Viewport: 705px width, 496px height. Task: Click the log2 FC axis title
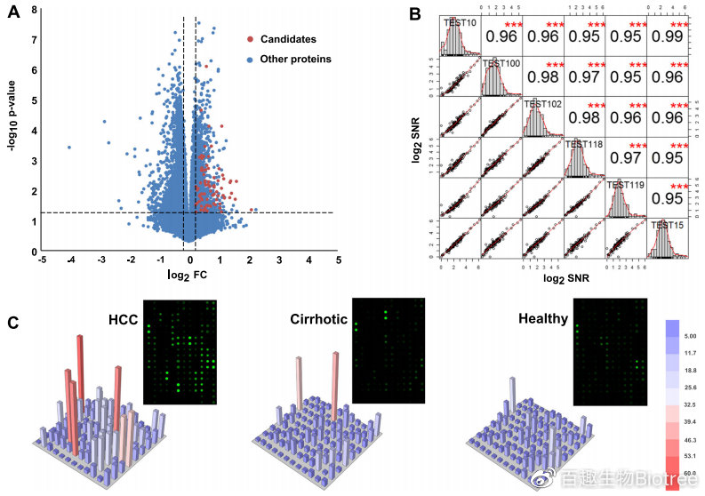pyautogui.click(x=188, y=275)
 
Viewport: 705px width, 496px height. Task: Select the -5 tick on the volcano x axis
pyautogui.click(x=41, y=260)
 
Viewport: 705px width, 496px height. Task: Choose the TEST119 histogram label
pyautogui.click(x=625, y=185)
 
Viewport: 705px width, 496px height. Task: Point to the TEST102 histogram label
pyautogui.click(x=543, y=103)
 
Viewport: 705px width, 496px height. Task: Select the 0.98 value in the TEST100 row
pyautogui.click(x=542, y=77)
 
